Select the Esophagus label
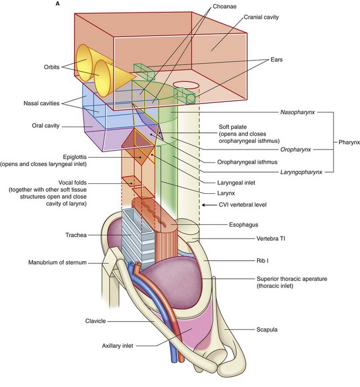click(243, 226)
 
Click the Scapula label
click(248, 329)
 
